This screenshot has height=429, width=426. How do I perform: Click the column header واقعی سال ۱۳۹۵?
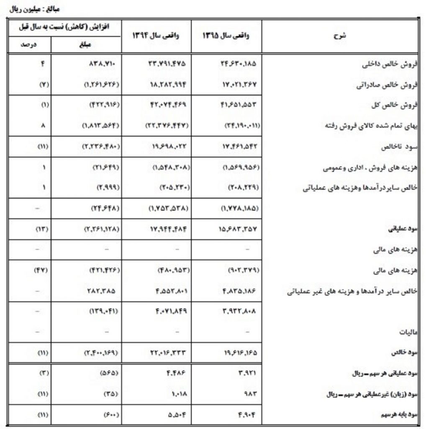[x=226, y=36]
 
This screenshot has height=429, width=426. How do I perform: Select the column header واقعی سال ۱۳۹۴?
[x=156, y=36]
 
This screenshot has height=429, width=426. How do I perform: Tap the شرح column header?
[x=339, y=36]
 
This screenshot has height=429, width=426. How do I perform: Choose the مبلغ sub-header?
[x=85, y=44]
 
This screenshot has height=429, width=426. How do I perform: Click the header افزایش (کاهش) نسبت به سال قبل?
[x=64, y=28]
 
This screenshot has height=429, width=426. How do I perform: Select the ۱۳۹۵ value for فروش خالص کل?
[x=238, y=106]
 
